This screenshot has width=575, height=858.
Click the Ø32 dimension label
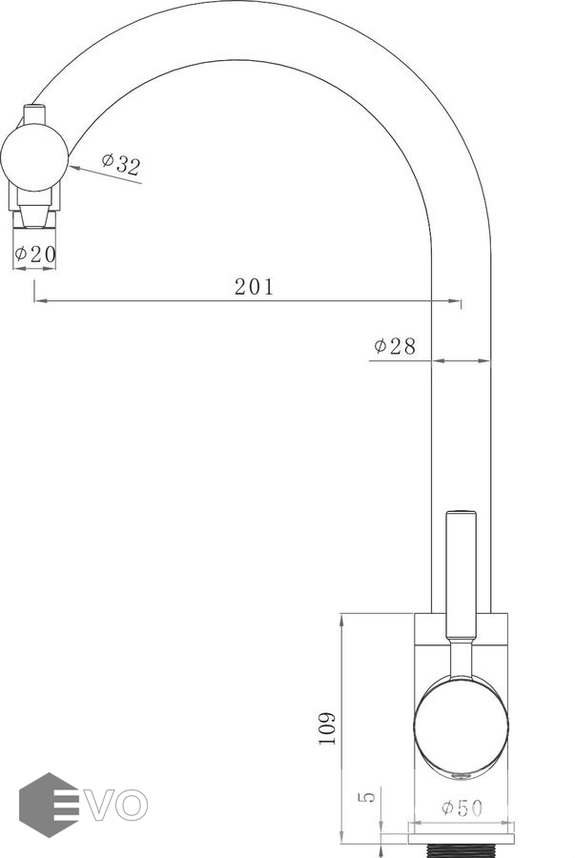pos(121,164)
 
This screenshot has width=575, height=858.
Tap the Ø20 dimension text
pos(35,254)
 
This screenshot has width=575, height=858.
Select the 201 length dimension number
pos(254,287)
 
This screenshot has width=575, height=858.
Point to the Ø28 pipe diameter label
pos(395,346)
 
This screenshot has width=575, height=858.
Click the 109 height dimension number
pos(327,727)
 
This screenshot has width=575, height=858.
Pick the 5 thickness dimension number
pos(369,797)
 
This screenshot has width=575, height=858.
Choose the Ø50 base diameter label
pos(462,807)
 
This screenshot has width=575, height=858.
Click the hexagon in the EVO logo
pos(48,805)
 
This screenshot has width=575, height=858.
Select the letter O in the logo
pos(132,806)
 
